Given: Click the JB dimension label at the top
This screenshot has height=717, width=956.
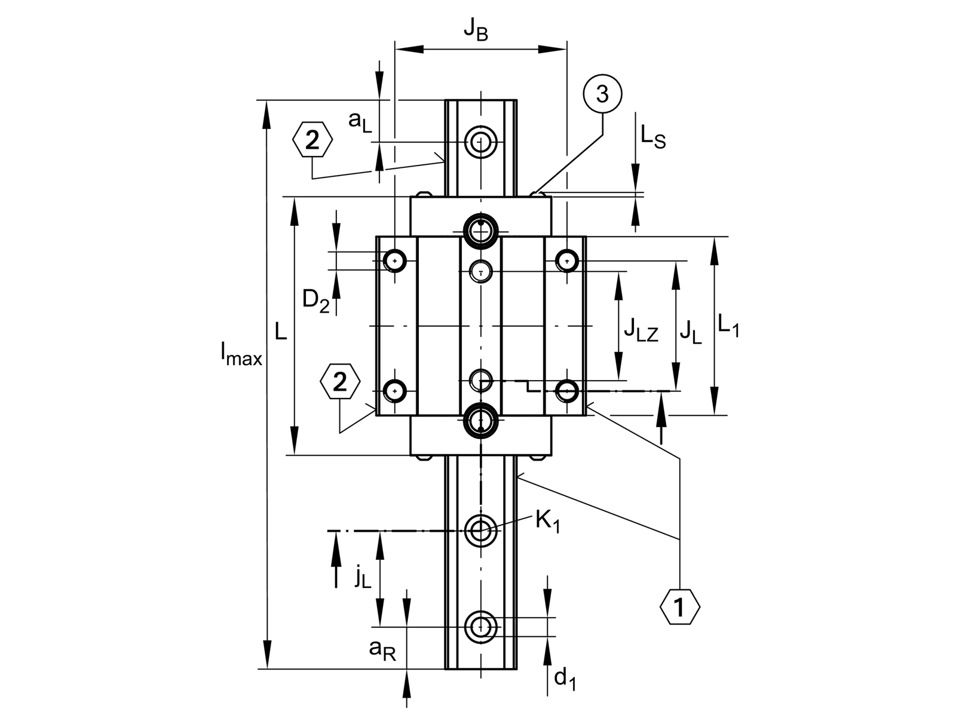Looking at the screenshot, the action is coord(476,30).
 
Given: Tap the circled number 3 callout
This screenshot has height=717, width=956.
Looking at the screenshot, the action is coord(602,94).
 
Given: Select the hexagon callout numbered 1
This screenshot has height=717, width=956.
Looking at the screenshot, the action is coord(680,607).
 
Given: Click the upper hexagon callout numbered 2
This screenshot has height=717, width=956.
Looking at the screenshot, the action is coord(312,139).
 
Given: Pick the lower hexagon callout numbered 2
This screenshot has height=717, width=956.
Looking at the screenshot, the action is coord(340,381).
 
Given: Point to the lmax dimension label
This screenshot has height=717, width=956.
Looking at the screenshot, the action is coord(241,354).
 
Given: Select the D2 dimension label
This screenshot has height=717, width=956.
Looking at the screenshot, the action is coord(316,301).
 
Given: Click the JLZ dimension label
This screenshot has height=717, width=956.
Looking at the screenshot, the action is coord(641,329).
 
